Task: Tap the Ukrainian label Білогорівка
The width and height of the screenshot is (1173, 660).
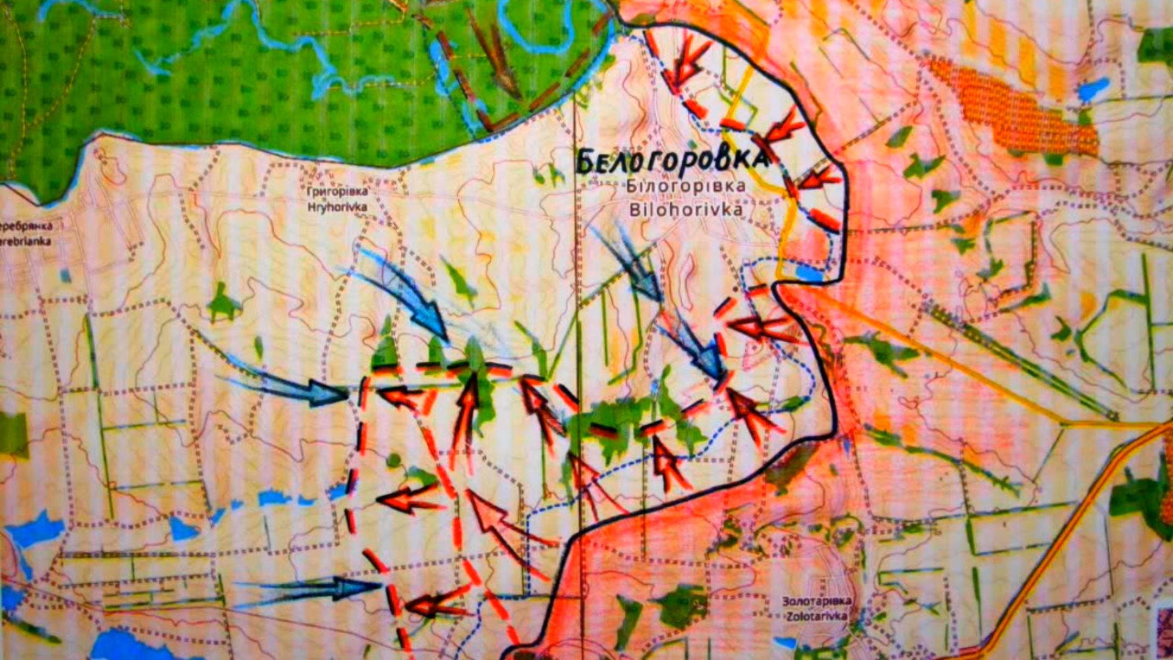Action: [686, 186]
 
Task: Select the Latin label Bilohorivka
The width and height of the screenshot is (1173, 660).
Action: [686, 210]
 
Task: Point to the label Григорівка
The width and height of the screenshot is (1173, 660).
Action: [337, 191]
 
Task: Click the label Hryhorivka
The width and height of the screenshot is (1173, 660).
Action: [337, 207]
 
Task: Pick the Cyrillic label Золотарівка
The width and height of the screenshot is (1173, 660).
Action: [816, 601]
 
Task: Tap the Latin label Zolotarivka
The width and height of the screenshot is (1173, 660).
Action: [816, 616]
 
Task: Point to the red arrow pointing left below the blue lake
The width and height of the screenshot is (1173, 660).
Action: [764, 328]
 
